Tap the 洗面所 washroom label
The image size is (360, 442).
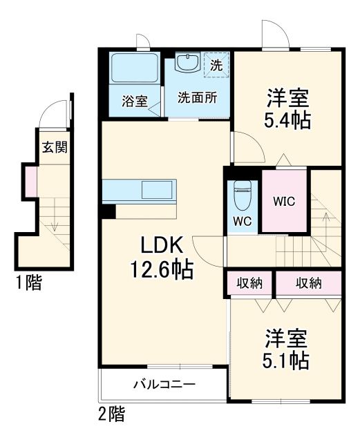coord(198,97)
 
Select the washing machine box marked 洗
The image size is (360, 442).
coord(216,66)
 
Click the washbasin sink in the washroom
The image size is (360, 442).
coord(187,64)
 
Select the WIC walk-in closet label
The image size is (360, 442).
coord(283,202)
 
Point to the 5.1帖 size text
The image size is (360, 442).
coord(286,360)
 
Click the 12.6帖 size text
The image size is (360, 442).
coord(162,268)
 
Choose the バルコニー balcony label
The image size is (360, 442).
coord(164,384)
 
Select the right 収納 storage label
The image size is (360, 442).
coord(309,282)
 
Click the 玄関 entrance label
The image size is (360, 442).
coord(55,147)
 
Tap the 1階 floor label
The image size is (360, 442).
coord(28,283)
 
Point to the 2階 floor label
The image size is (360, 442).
coord(112,414)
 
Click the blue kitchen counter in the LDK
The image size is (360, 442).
coord(140,189)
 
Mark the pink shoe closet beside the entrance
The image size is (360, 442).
coord(30,181)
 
